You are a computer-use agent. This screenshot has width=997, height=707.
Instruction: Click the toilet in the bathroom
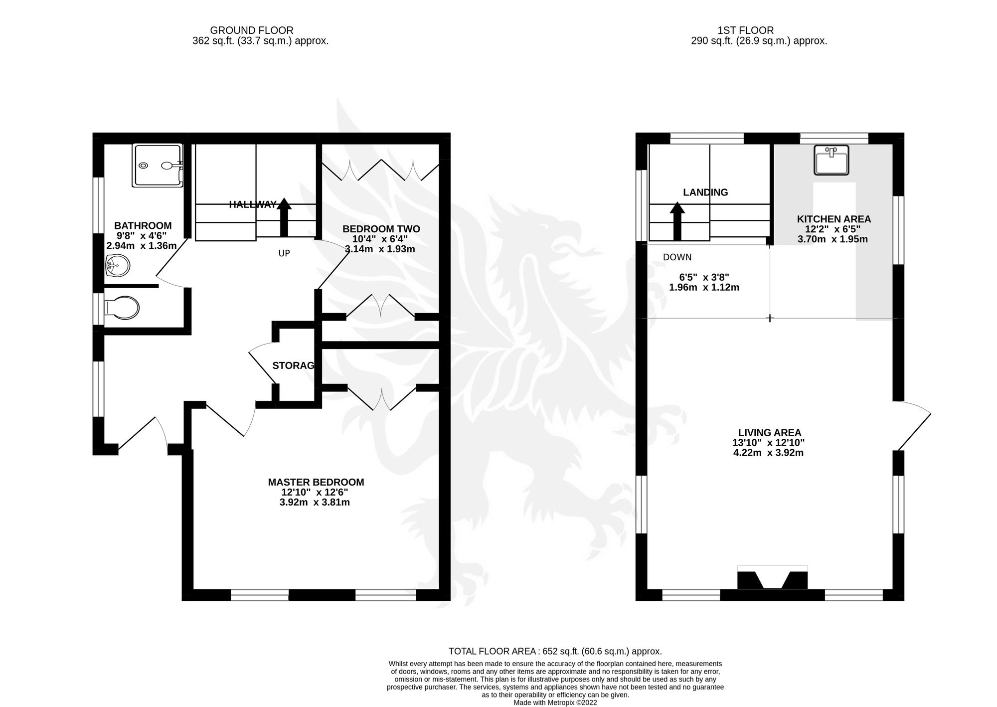click(121, 308)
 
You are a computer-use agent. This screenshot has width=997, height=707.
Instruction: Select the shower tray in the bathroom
click(158, 166)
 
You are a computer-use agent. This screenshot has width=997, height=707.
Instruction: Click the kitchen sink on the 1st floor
click(831, 160)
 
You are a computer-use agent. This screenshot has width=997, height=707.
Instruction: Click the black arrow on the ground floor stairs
click(284, 217)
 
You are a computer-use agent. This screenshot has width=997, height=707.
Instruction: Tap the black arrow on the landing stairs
click(677, 221)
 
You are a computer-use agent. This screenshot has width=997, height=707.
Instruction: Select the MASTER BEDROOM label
click(316, 482)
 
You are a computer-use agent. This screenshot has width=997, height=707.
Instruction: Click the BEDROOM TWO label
click(381, 229)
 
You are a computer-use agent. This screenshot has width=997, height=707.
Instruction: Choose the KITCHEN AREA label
click(834, 219)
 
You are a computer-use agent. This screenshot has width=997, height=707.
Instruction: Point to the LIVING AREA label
click(770, 433)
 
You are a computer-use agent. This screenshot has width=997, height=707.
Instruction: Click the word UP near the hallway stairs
click(284, 253)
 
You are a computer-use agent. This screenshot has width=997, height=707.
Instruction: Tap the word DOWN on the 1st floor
click(677, 257)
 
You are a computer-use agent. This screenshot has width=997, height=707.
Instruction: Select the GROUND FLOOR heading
click(252, 30)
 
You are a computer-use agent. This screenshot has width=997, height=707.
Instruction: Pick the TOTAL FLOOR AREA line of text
click(555, 651)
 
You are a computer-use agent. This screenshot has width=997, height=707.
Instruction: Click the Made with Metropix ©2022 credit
click(555, 703)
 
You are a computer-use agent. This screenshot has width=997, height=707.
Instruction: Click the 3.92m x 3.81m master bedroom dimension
click(315, 503)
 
